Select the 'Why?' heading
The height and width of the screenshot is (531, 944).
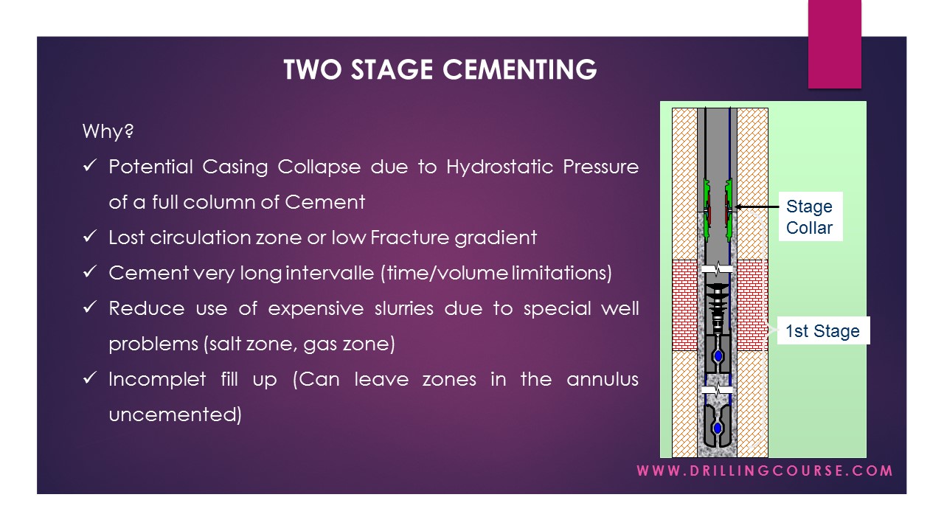coord(108,132)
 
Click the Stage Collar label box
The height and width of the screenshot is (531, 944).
coord(809,217)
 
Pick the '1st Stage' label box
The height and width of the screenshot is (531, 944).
coord(822,331)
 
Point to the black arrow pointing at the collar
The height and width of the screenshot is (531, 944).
coord(756,207)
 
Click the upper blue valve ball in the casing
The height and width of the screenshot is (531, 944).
coord(718,356)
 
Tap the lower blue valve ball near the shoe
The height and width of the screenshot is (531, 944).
coord(717,428)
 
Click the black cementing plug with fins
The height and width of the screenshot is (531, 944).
coord(717,299)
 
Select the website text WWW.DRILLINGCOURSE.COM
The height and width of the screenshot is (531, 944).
coord(765,471)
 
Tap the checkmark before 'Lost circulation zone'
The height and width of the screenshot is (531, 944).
coord(90,237)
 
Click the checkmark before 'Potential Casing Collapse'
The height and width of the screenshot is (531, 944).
coord(90,167)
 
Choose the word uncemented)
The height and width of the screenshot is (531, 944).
coord(175,414)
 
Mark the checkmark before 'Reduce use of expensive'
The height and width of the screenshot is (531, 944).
coord(90,308)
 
